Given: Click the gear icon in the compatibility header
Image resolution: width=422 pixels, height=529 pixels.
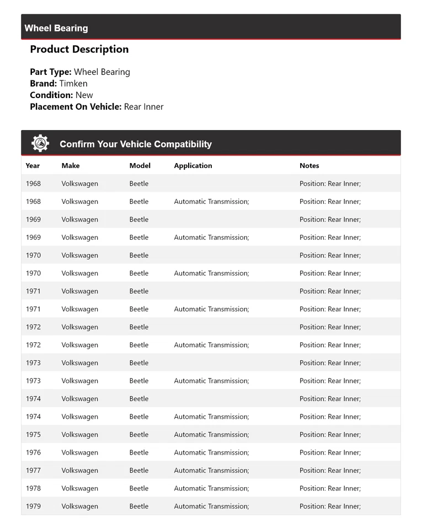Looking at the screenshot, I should pos(40,143).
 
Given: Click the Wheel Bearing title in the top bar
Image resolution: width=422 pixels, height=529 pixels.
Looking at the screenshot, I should pos(56,28).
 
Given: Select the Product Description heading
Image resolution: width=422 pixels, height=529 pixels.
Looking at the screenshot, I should pos(79,49).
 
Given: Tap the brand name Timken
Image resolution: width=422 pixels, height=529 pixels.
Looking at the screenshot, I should pos(73,83).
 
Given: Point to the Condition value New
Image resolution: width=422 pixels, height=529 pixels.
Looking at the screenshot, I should pos(84,95).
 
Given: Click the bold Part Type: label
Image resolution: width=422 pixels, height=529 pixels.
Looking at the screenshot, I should pos(51,72).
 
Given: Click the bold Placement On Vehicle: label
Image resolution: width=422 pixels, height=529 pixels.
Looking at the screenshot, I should pos(76,106).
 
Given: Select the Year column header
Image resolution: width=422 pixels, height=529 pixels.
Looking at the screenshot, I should pos(33,165).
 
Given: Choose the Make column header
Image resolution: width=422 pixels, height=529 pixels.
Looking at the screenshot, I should pos(71,165).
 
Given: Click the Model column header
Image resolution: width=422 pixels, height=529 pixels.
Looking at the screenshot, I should pos(140,165).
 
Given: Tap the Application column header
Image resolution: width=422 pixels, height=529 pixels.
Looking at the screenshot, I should pos(193,165).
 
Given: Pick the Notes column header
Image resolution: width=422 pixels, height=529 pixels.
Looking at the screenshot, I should pos(309,165).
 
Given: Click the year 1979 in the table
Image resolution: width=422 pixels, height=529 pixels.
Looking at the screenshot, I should pos(33,506).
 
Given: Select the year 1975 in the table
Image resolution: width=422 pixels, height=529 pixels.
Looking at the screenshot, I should pos(33,434).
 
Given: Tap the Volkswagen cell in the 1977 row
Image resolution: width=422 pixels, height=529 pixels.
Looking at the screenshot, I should pos(80,470).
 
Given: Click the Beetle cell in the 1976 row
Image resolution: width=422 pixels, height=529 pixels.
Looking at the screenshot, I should pos(139,452).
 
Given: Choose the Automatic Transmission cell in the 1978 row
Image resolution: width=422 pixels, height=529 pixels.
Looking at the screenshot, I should pos(212,488).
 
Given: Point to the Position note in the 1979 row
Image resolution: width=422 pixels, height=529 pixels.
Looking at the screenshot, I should pos(330,506).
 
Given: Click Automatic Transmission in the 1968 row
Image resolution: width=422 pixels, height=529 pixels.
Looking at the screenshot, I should pos(212,201).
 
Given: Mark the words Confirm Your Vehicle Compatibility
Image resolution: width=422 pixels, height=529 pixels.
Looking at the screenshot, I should pos(136,144).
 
